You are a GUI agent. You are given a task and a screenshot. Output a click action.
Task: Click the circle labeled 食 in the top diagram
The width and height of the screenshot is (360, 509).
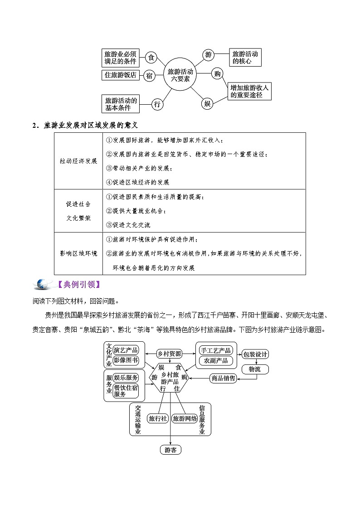tap(151, 58)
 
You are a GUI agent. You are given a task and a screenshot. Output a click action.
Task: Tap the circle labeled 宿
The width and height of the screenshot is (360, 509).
tap(149, 76)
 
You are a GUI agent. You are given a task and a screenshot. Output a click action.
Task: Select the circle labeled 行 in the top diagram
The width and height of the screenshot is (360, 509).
tap(157, 104)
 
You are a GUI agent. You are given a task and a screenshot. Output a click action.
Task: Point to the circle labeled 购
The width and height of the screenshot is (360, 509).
tap(218, 73)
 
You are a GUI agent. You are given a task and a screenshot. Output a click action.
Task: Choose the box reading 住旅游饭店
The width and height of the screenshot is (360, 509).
tap(121, 75)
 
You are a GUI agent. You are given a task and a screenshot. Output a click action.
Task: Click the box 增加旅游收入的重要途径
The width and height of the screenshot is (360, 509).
tap(250, 91)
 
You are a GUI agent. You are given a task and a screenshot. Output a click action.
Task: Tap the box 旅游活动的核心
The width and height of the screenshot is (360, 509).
tap(245, 57)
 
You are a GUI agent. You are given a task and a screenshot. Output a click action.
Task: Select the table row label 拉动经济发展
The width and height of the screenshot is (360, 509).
tap(78, 161)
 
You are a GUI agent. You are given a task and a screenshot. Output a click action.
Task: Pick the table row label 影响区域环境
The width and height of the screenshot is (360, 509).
tap(78, 253)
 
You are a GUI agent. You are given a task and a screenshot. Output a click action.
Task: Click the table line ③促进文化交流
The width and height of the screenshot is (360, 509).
tap(128, 225)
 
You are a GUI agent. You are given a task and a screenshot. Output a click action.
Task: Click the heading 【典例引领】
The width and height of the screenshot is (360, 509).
tap(77, 285)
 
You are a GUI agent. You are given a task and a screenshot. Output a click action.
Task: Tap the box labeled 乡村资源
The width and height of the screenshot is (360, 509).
tap(169, 354)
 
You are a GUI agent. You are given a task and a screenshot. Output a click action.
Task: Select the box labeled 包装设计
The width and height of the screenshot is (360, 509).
tap(255, 354)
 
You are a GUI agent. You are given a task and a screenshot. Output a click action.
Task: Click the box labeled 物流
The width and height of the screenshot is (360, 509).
tap(255, 369)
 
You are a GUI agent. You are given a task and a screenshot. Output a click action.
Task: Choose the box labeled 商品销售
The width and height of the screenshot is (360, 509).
tap(223, 378)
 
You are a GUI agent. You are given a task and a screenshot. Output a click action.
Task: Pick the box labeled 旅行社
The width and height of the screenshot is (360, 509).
tap(158, 418)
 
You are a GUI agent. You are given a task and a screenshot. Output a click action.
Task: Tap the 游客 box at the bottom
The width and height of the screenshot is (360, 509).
tap(170, 450)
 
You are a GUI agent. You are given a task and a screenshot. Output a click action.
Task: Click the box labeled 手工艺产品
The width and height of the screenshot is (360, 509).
tap(216, 350)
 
